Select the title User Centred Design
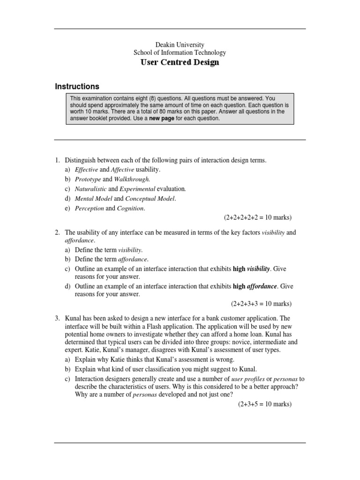pos(180,62)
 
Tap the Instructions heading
pos(77,87)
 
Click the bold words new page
pos(162,119)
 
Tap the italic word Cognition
pos(131,208)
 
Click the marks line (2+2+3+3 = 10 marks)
pos(261,303)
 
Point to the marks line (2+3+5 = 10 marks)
pos(264,404)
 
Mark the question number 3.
pos(57,318)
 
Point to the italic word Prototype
pos(88,179)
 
